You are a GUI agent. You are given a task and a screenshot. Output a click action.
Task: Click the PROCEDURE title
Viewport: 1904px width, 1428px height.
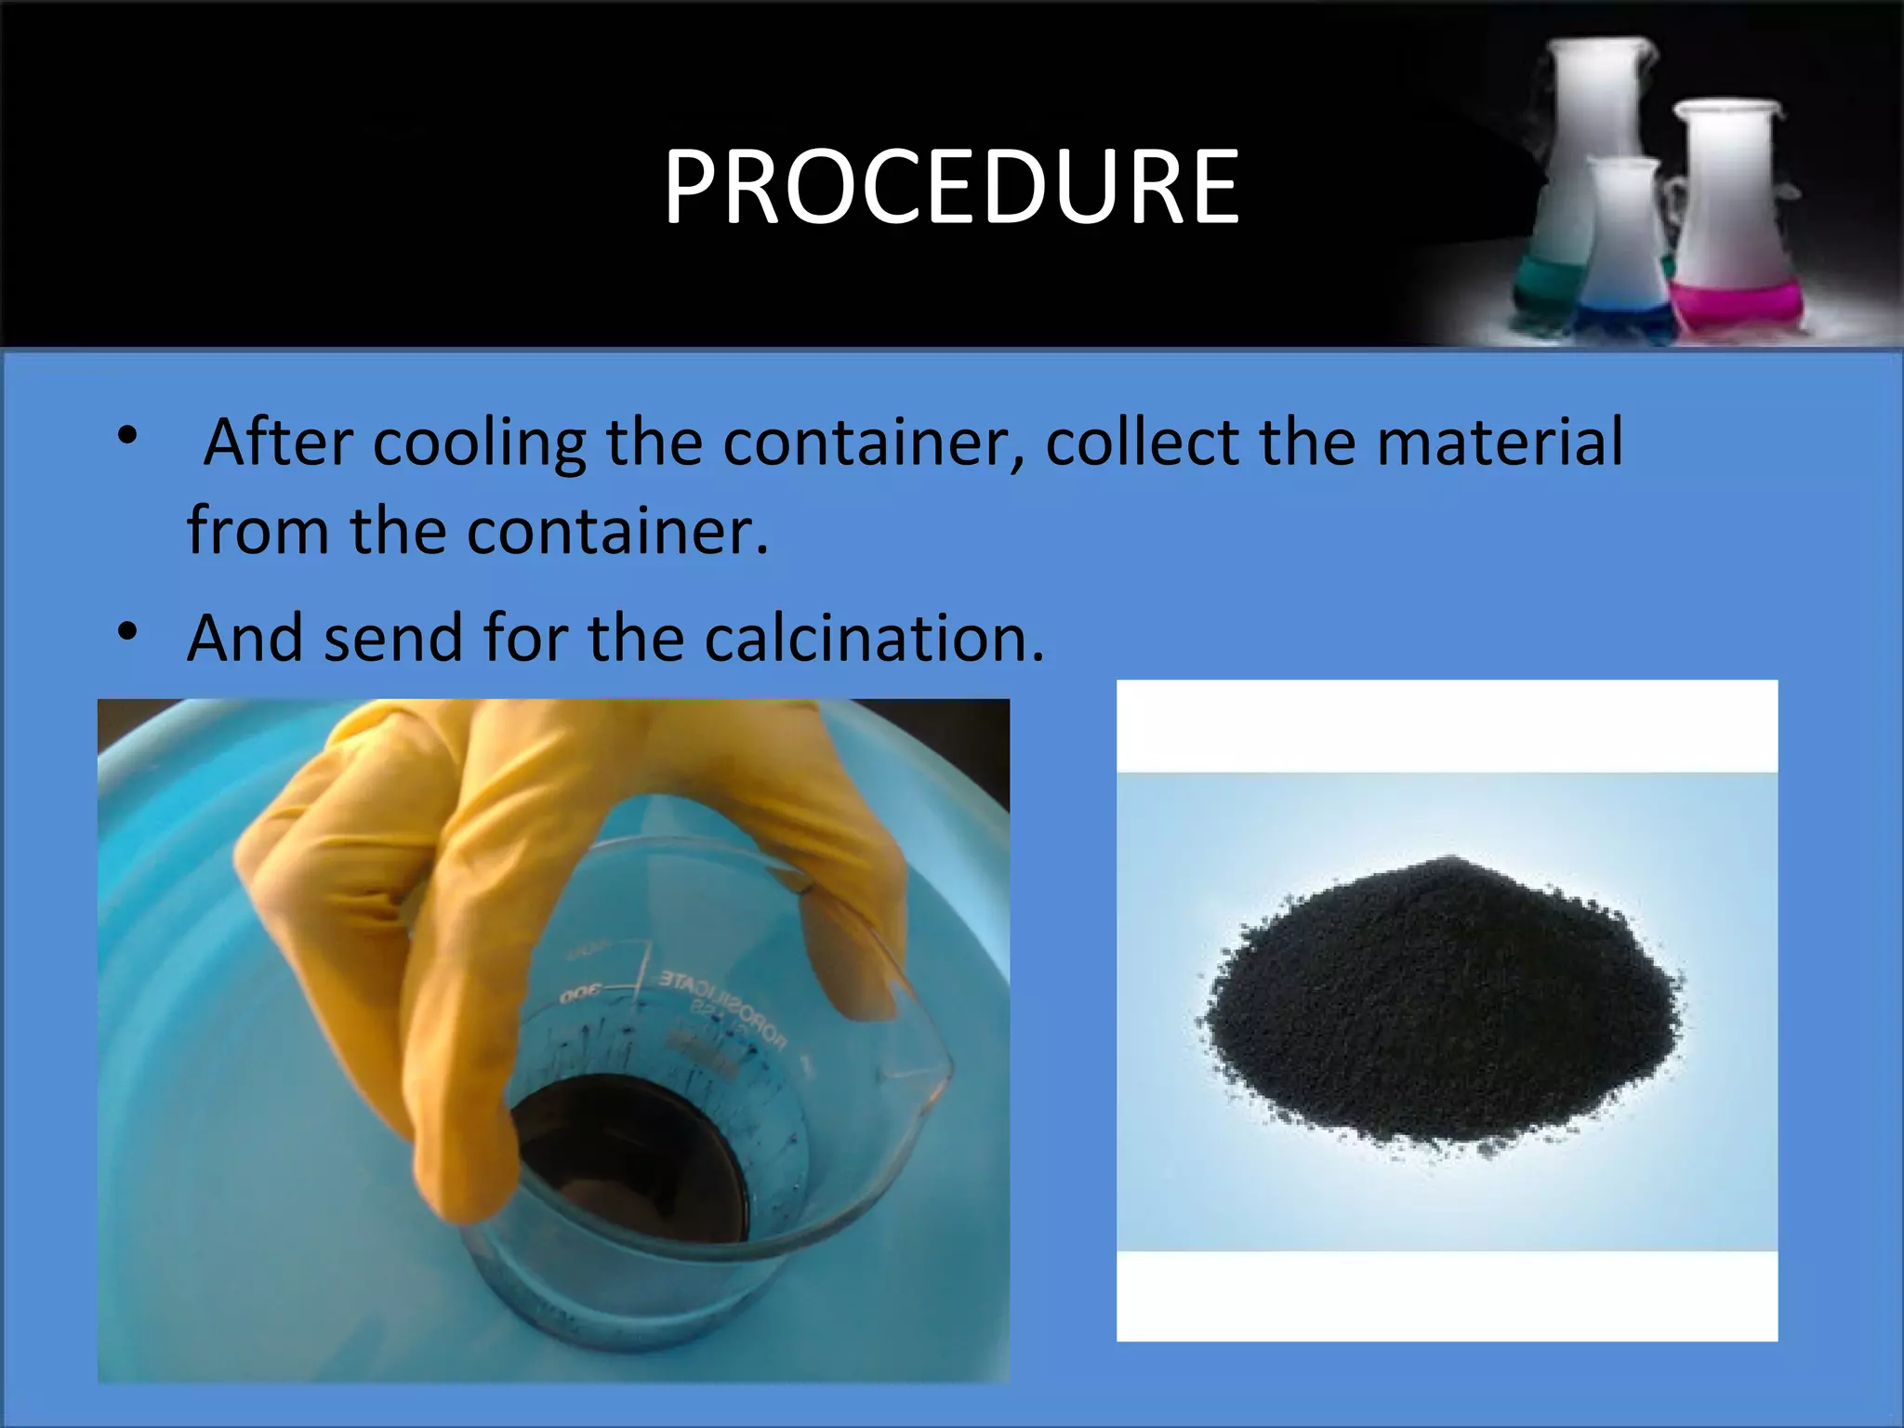pyautogui.click(x=951, y=188)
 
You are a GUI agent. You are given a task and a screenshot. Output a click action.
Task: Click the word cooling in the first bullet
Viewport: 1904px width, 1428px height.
pyautogui.click(x=479, y=443)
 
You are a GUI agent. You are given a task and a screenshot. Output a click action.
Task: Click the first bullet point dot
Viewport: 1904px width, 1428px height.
pyautogui.click(x=127, y=434)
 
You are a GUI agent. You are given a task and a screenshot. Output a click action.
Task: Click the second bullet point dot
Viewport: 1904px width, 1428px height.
pyautogui.click(x=127, y=632)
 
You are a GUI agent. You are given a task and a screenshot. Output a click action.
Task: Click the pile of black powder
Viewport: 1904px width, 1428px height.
pyautogui.click(x=1441, y=1004)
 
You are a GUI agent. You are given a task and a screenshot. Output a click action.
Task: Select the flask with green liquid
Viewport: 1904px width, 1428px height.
pyautogui.click(x=1571, y=186)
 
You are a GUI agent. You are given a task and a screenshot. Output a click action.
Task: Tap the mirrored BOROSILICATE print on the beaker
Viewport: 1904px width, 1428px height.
pyautogui.click(x=725, y=1004)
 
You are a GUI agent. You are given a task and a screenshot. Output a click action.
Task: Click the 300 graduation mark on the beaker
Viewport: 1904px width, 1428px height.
pyautogui.click(x=581, y=993)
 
